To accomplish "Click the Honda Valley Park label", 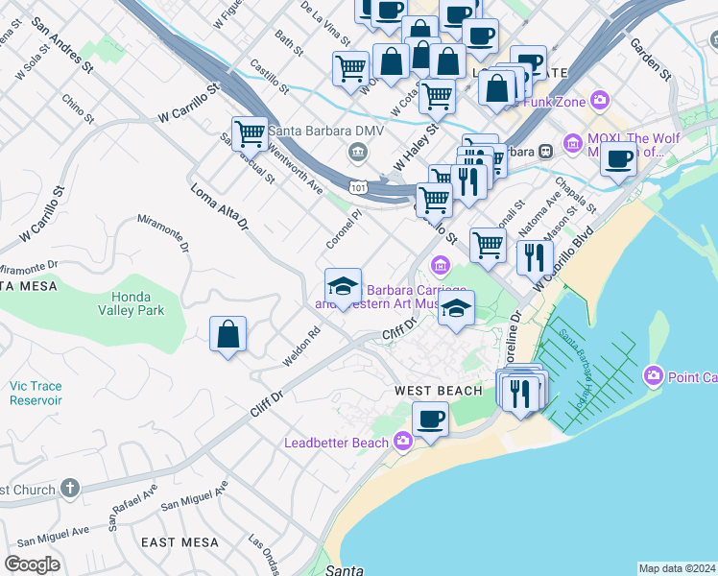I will (x=131, y=303).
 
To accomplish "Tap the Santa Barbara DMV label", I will (x=325, y=132).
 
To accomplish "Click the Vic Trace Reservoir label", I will (x=36, y=393).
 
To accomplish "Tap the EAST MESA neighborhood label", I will (x=180, y=542).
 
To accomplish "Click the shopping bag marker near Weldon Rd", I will (x=228, y=335).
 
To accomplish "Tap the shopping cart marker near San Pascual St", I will (x=250, y=132).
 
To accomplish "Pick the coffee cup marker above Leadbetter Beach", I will (x=430, y=419).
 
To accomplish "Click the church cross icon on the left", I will (x=68, y=490).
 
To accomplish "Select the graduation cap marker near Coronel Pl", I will (x=343, y=286).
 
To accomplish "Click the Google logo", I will (x=32, y=564).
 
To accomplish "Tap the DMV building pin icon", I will (x=357, y=152).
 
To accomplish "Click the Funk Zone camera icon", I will (x=601, y=99).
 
